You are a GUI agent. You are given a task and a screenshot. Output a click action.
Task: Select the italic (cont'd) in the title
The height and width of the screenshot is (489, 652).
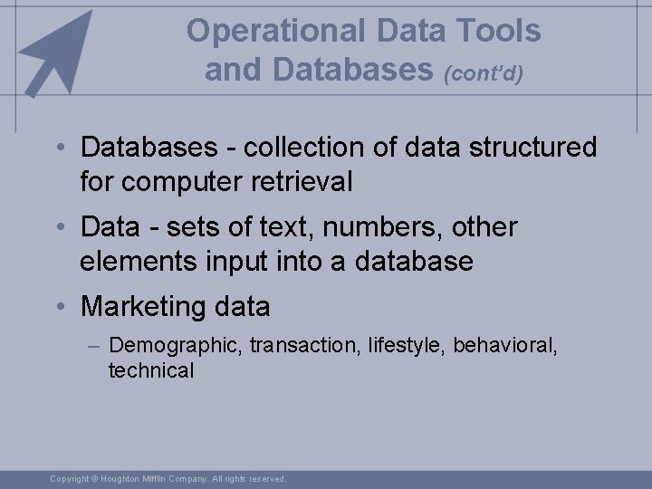click(x=483, y=73)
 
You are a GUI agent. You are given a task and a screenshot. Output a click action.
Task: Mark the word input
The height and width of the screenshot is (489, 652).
click(x=234, y=262)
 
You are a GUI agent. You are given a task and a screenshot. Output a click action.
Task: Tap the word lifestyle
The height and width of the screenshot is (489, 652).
click(x=406, y=345)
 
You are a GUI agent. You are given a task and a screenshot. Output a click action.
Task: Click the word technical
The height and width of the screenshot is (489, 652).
click(x=151, y=369)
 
